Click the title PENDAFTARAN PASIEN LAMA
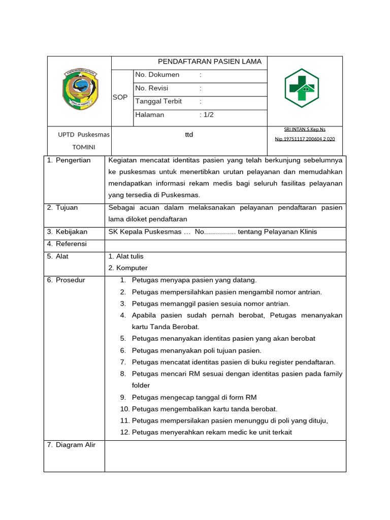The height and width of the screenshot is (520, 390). point(210,62)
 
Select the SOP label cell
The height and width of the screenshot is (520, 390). point(120,97)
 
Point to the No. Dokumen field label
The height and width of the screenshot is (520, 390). point(157,75)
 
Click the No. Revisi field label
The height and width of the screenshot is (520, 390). point(151,88)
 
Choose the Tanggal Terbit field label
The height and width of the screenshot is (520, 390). point(158,102)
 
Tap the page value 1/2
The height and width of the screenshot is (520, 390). point(208,115)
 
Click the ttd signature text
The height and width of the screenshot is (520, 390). point(189,135)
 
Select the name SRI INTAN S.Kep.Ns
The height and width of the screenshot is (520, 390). point(305,129)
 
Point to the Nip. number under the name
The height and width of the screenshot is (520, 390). point(305,139)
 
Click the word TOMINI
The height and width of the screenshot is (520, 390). point(84,147)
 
